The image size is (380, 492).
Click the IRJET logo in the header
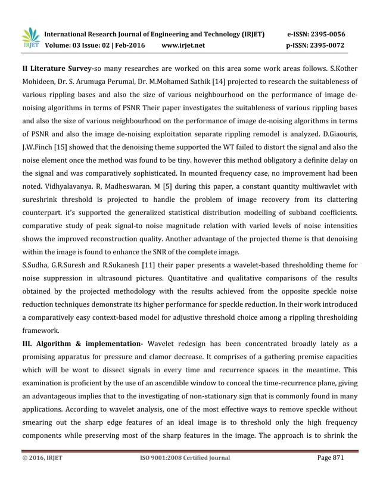point(30,39)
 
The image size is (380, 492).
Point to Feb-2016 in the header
point(129,45)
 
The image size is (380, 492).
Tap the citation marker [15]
point(60,147)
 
